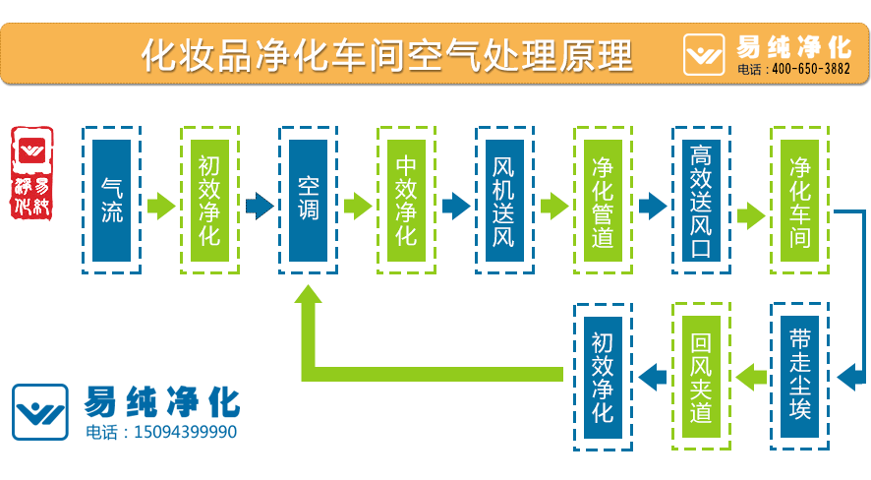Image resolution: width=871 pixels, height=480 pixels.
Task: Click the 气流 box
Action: [x=112, y=200]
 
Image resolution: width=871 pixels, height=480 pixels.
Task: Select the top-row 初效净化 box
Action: [x=210, y=200]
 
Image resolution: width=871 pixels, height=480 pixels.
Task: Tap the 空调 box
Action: [x=309, y=200]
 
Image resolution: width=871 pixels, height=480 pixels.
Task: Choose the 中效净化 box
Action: [x=407, y=200]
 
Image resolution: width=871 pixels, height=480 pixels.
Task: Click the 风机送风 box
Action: [x=504, y=200]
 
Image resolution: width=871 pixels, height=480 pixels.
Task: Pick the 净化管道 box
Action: [x=603, y=200]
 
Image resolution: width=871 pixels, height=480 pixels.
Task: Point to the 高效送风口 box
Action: [x=701, y=200]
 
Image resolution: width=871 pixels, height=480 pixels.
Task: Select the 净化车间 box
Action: [x=799, y=200]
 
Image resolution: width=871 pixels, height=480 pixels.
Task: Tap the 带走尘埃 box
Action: [x=799, y=376]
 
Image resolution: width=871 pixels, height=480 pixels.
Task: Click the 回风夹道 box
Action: [x=701, y=376]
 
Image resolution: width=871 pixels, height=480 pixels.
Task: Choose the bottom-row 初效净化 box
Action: [x=603, y=376]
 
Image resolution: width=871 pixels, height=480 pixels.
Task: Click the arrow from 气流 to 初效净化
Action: [x=161, y=207]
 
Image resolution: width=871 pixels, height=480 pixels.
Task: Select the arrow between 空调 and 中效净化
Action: [x=358, y=207]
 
